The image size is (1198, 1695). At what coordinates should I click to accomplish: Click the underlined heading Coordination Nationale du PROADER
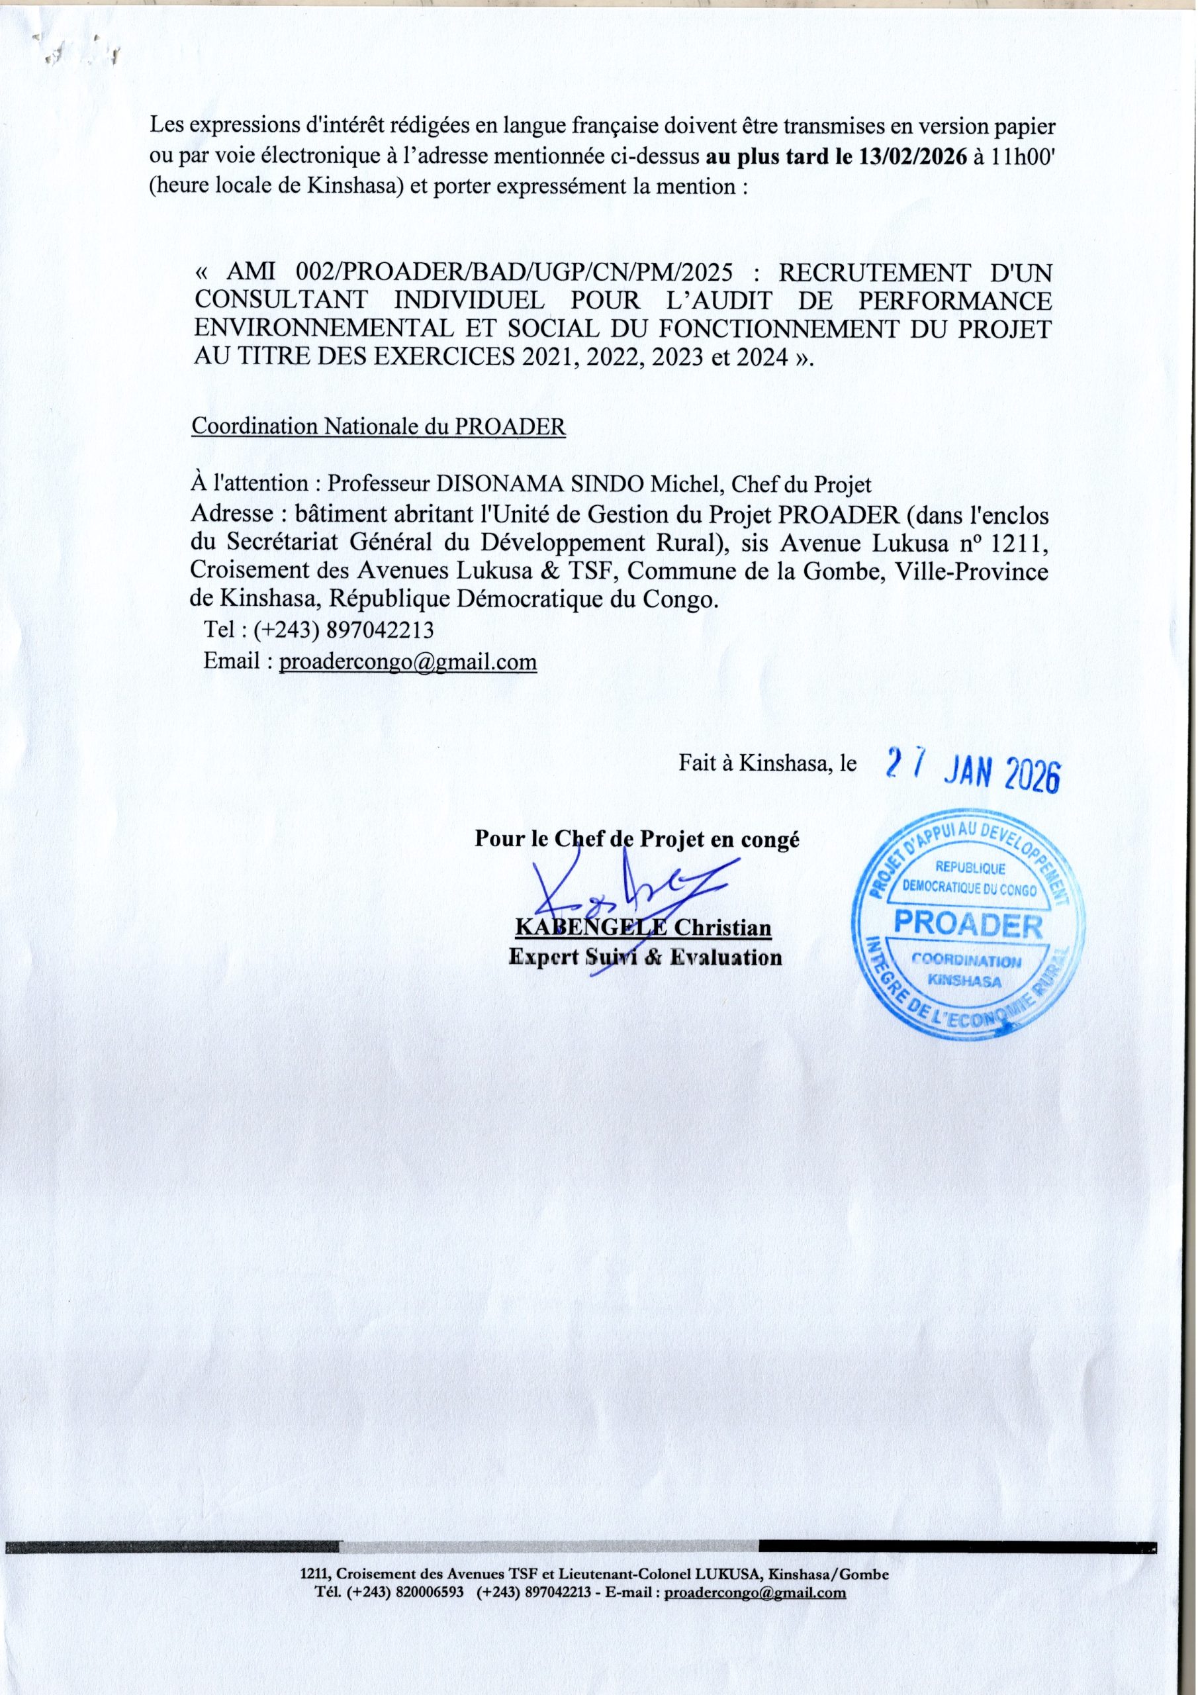(378, 428)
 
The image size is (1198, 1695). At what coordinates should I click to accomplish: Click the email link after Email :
(408, 661)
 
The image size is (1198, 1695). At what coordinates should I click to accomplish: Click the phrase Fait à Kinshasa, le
(768, 764)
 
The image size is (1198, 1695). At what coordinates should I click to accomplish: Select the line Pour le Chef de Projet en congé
(637, 840)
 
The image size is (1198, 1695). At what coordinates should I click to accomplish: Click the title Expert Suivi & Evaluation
(645, 957)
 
